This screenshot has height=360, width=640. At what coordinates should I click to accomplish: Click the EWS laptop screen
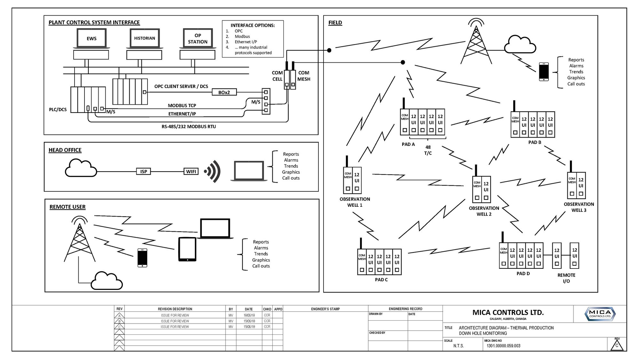coord(92,38)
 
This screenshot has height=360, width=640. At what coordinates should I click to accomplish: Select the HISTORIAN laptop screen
coord(144,38)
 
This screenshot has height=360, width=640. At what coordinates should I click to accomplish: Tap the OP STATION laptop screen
coord(197,38)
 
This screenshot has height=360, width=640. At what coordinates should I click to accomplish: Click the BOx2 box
coord(224,92)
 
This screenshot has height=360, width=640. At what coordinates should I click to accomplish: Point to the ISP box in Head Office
coord(144,172)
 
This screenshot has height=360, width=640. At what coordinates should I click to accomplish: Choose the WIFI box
coord(191,172)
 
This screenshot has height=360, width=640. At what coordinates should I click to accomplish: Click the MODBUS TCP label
coord(182,106)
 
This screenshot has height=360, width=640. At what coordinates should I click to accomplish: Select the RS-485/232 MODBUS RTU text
coord(188,127)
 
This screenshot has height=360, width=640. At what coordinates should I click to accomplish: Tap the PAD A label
coord(408,144)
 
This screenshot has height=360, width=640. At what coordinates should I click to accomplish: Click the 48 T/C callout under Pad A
coord(428,150)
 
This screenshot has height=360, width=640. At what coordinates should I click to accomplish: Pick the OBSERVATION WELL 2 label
coord(484,211)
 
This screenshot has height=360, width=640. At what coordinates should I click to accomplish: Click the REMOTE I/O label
coord(566,278)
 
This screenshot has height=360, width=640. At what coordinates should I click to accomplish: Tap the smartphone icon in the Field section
coord(544,71)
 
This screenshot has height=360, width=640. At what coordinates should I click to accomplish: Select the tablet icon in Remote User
coord(187,249)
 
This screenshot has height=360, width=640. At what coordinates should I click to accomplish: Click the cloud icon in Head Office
coord(81,168)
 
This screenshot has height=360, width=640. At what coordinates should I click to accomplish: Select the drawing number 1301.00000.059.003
coord(503,346)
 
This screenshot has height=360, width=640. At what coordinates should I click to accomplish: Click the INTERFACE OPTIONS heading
coord(252,25)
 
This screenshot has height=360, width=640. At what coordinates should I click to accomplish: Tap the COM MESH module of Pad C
coord(362,262)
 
